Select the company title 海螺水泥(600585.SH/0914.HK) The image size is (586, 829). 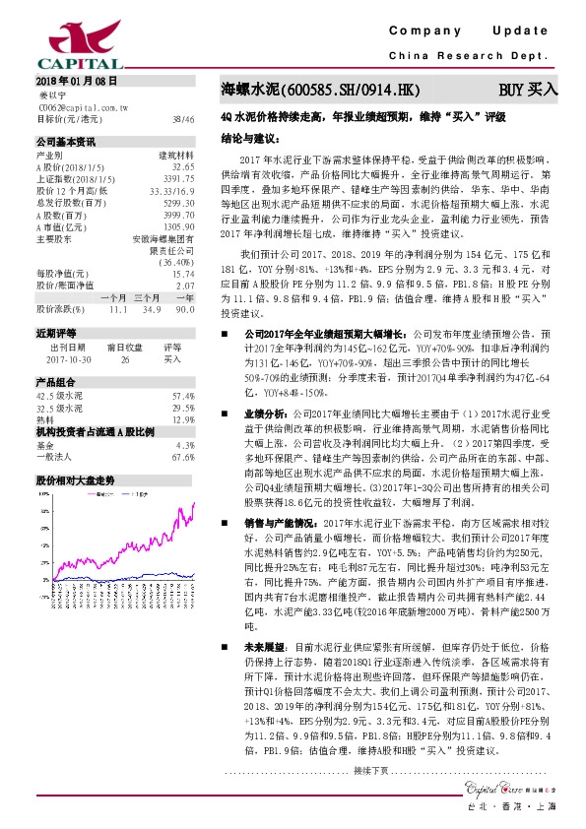(321, 90)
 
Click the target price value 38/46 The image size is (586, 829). (183, 118)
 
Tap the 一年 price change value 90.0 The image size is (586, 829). (184, 308)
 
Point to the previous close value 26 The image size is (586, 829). (125, 359)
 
